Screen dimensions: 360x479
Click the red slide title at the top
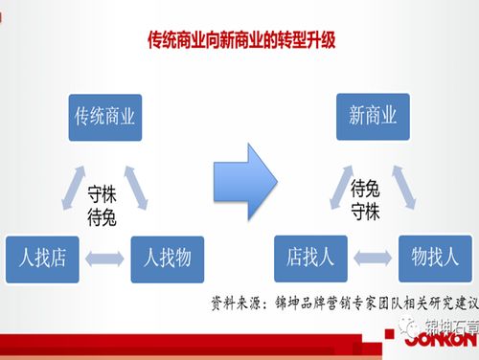click(239, 42)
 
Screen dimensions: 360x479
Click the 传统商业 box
click(104, 118)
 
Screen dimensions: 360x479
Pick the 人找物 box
click(167, 257)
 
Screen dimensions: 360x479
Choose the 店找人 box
click(309, 257)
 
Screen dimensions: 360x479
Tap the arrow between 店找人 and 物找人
click(373, 257)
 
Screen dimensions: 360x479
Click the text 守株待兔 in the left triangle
click(102, 205)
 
